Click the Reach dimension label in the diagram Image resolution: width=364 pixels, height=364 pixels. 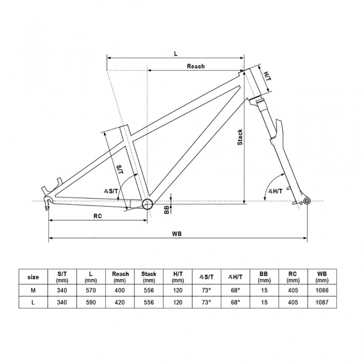(196, 66)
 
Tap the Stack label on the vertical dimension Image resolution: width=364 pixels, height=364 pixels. (240, 137)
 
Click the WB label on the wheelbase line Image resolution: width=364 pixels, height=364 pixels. (177, 233)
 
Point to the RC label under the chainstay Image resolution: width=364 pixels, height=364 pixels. (97, 216)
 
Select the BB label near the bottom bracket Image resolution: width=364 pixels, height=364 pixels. (167, 209)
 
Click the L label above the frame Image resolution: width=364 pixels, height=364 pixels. (176, 53)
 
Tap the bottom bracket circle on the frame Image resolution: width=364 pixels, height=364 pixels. (147, 204)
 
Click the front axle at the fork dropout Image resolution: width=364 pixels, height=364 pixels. (307, 201)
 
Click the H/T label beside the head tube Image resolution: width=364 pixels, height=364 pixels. (267, 73)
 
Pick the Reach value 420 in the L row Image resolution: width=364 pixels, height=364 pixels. (120, 302)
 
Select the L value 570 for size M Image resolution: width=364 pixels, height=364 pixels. (91, 289)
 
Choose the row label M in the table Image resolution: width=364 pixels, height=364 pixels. (33, 289)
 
